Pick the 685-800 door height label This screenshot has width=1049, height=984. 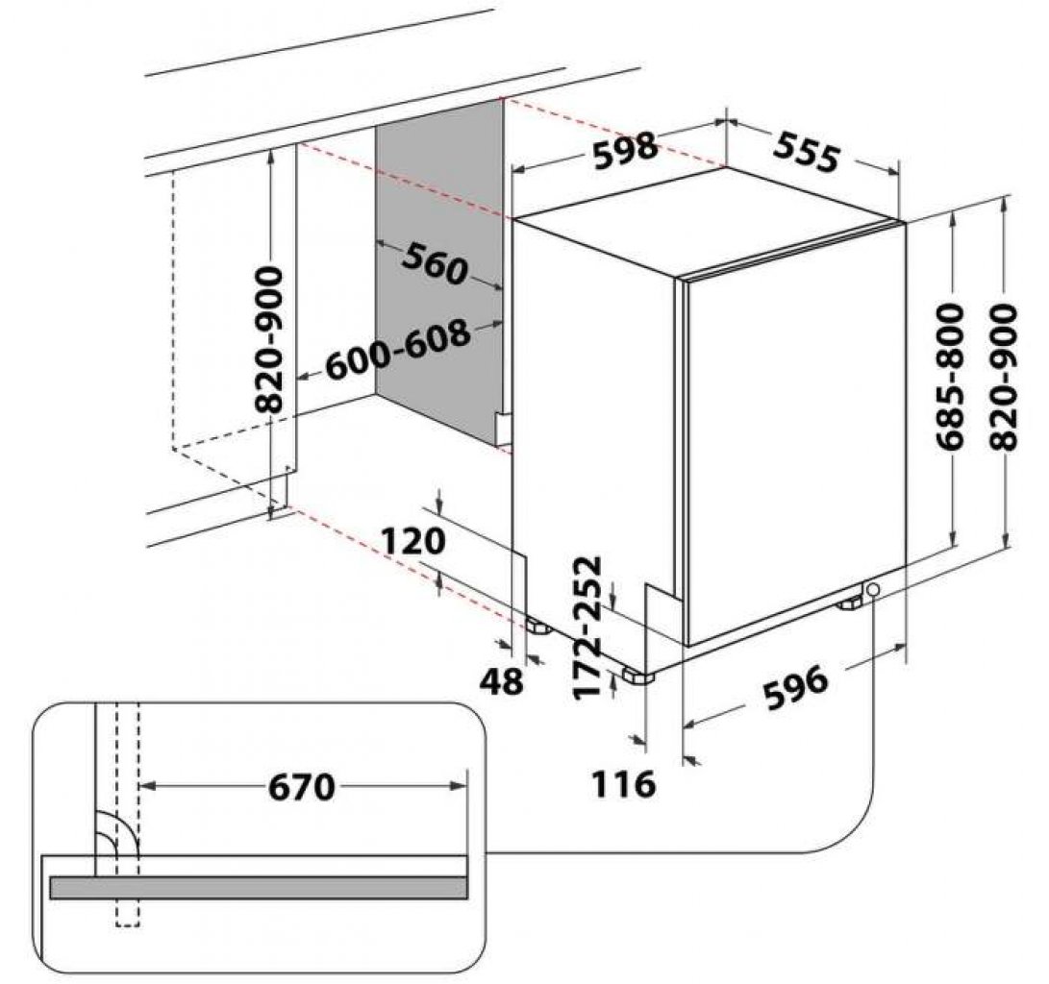click(x=951, y=377)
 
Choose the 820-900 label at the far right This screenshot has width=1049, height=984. click(x=1003, y=377)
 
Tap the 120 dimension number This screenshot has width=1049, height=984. click(x=413, y=542)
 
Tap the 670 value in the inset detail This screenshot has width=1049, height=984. click(x=301, y=788)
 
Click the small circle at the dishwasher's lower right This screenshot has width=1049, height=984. click(x=873, y=589)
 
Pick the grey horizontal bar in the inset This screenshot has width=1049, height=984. click(x=258, y=887)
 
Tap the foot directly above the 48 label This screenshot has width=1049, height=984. click(x=536, y=626)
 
